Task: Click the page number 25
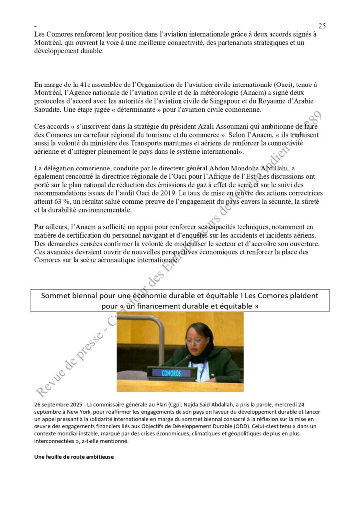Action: (x=322, y=26)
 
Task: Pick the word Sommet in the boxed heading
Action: (x=57, y=295)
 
